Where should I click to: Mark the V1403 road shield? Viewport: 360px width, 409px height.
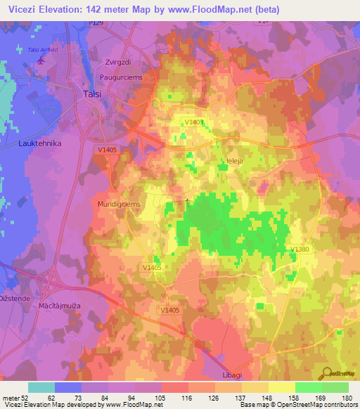tap(194, 122)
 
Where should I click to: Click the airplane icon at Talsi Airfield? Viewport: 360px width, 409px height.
tap(41, 59)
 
